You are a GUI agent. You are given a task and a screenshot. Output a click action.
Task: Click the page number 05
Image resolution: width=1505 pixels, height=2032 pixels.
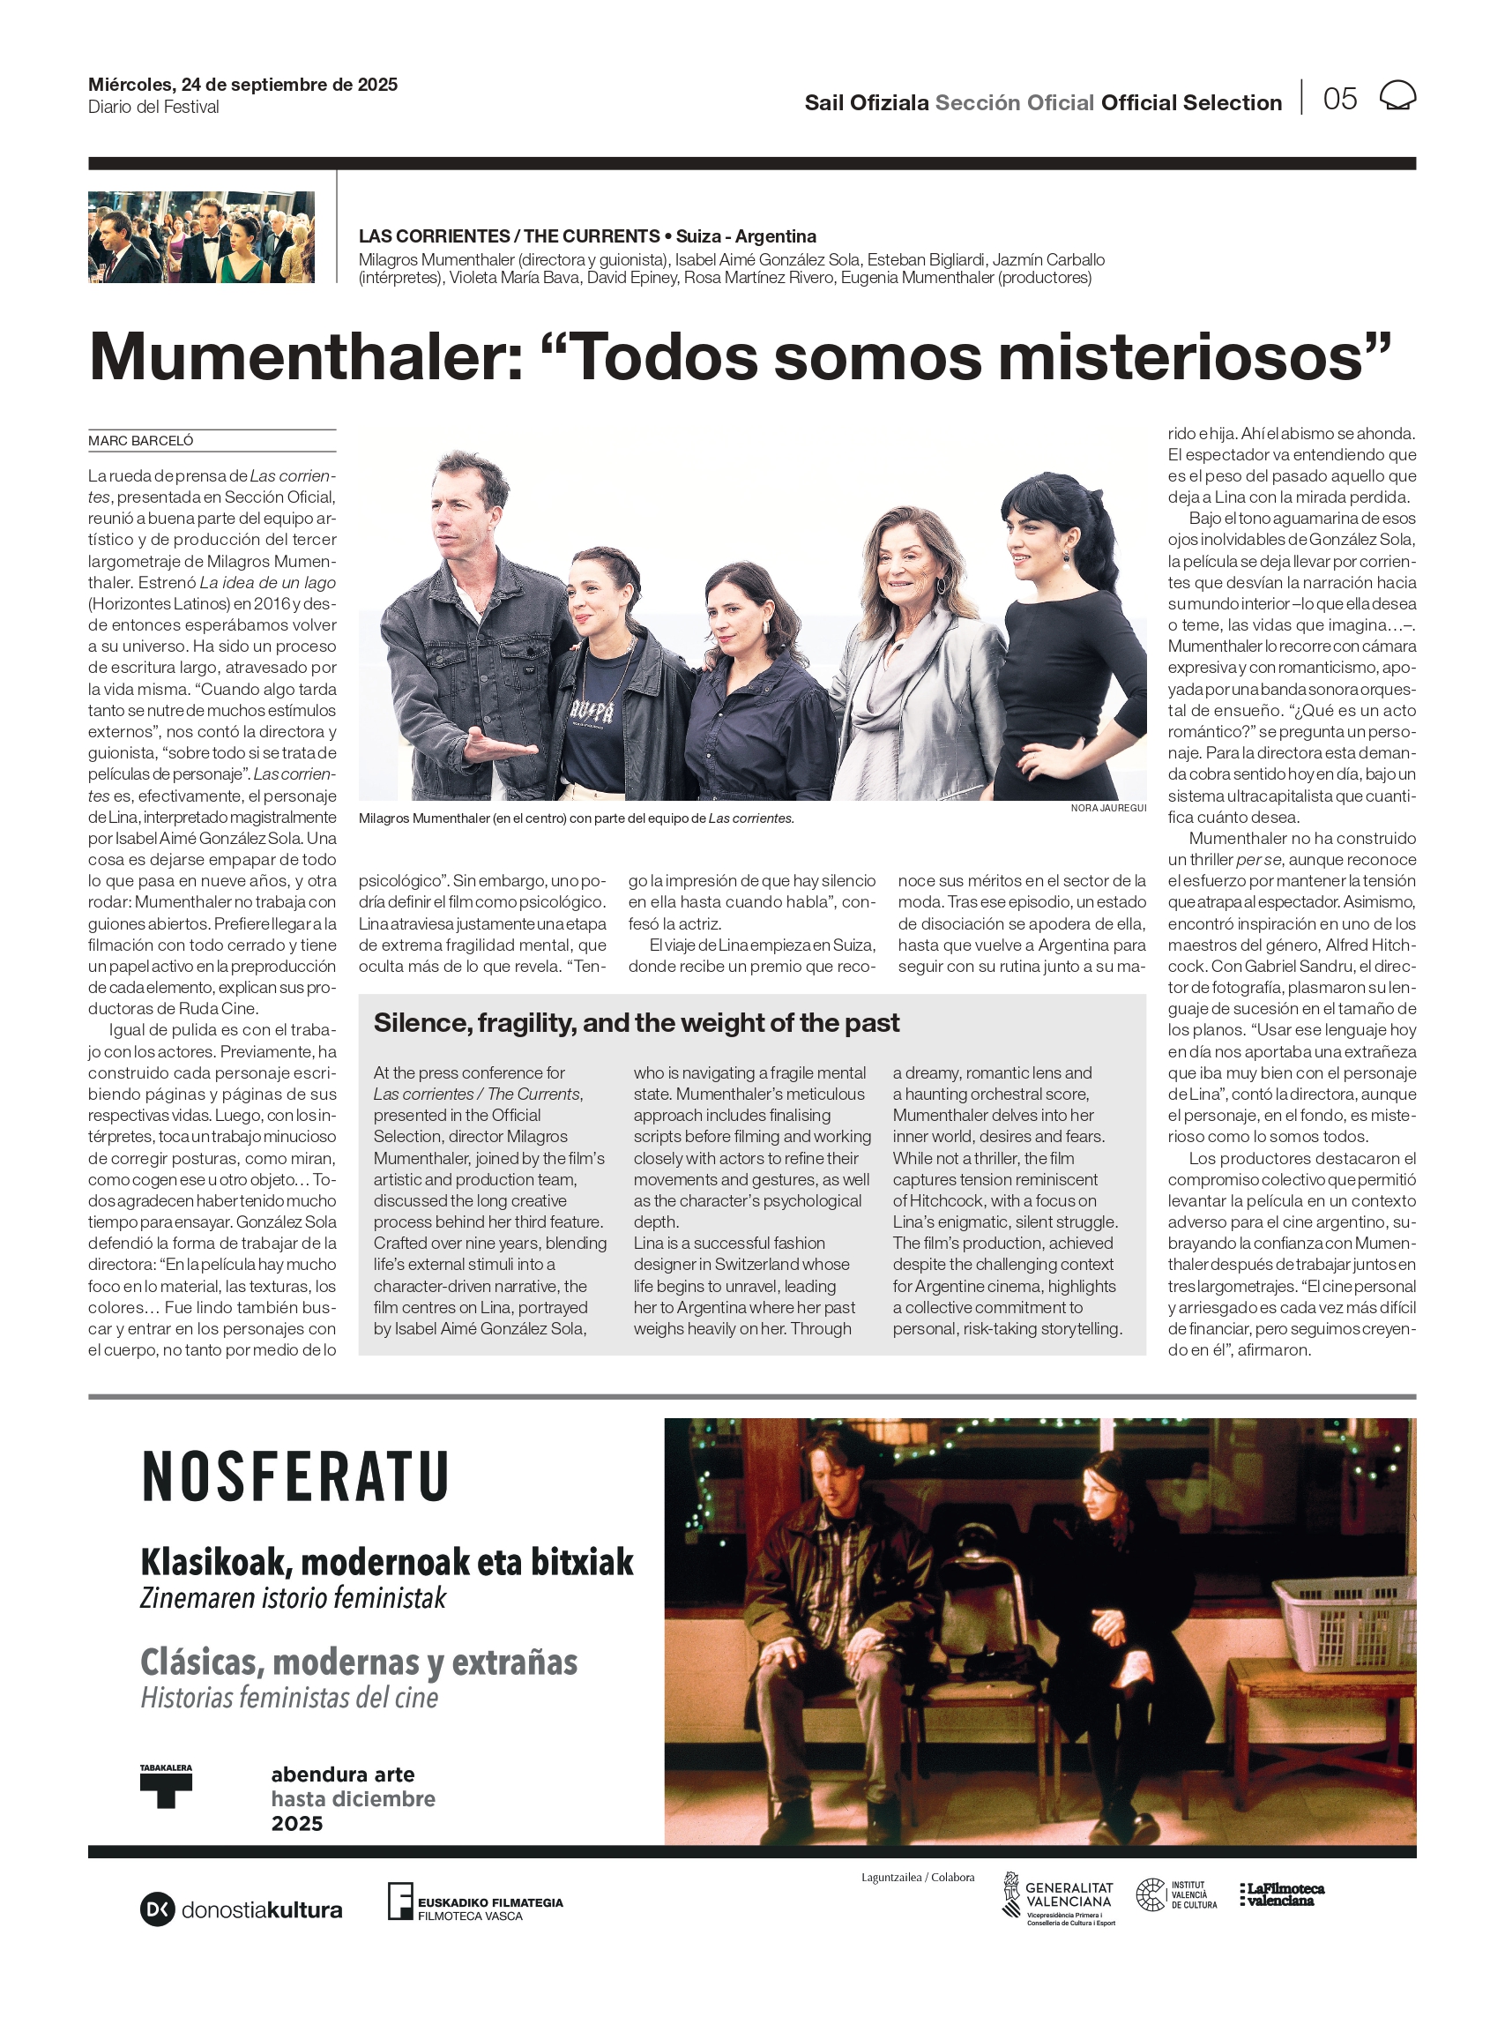tap(1339, 99)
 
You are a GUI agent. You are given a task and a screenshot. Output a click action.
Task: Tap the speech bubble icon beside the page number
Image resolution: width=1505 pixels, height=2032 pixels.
tap(1397, 95)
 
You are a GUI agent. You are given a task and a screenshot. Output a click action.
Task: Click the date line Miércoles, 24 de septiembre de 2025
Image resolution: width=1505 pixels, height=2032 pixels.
tap(242, 85)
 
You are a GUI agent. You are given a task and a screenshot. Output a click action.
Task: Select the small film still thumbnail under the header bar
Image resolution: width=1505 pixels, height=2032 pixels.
tap(201, 237)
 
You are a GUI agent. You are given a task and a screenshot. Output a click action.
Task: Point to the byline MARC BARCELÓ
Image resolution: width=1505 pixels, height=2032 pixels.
tap(140, 441)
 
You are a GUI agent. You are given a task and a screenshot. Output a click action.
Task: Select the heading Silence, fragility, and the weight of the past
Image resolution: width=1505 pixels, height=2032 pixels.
tap(636, 1022)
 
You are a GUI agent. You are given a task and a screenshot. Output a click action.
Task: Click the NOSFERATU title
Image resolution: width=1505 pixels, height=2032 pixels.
tap(295, 1477)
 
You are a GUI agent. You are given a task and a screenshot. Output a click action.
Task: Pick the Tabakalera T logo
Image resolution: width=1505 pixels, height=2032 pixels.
tap(166, 1786)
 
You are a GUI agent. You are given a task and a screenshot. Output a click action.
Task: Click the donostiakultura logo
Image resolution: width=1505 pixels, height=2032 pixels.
tap(242, 1910)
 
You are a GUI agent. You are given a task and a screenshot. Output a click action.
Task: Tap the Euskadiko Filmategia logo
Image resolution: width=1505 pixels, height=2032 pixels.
tap(474, 1901)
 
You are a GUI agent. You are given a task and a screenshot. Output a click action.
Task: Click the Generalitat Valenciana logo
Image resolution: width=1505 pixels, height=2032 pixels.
tap(1059, 1898)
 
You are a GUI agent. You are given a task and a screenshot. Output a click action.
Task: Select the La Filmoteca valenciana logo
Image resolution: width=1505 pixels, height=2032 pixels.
tap(1282, 1894)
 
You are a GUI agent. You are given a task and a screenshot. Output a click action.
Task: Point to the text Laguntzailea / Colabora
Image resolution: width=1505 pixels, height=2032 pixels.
tap(918, 1877)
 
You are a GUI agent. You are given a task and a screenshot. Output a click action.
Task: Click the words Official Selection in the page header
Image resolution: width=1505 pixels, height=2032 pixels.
tap(1191, 103)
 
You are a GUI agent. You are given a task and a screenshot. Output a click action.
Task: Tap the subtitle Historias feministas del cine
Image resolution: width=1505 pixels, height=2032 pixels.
tap(289, 1698)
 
